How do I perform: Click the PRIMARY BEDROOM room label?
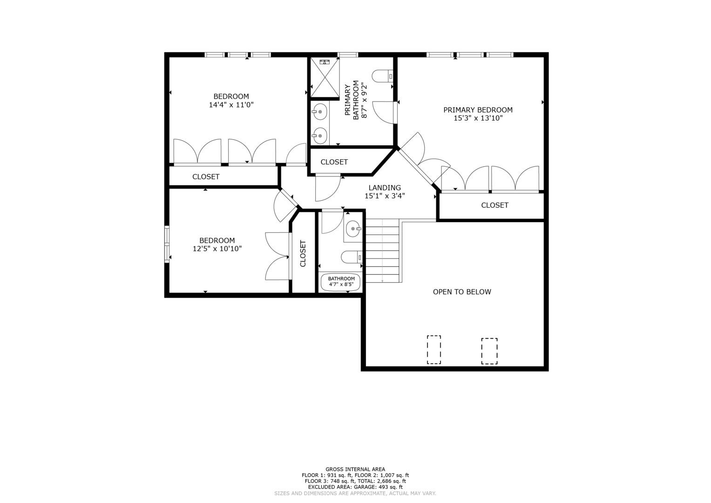478,110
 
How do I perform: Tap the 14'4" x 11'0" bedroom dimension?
231,105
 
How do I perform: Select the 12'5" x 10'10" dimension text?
217,249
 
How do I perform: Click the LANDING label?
385,188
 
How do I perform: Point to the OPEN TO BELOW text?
462,292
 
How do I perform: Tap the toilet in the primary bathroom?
382,76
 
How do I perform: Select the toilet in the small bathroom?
352,257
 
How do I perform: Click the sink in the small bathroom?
353,229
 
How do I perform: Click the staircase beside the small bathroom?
382,251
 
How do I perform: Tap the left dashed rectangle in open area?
434,350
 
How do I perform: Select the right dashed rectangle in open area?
489,351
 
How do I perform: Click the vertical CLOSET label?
303,253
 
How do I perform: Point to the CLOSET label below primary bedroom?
494,205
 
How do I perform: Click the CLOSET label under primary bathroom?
334,162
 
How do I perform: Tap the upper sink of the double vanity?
320,112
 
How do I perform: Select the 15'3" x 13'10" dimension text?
478,118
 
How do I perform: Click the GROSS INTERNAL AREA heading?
355,469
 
